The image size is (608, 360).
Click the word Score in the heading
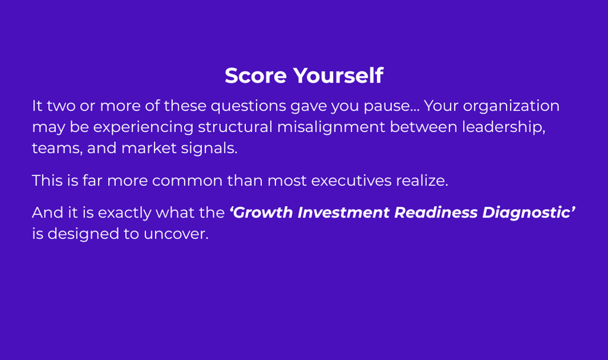coord(255,75)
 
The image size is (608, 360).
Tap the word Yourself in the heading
coord(338,75)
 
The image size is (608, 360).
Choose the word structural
coord(235,127)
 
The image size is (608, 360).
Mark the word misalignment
coord(331,128)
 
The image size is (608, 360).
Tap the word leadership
coord(503,128)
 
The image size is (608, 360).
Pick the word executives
coord(351,181)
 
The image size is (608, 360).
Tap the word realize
coord(422,181)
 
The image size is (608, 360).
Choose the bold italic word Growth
coord(263,213)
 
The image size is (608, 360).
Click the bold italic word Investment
coord(344,213)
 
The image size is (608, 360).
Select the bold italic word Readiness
coord(435,213)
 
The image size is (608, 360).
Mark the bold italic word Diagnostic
coord(526,213)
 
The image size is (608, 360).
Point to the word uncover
coord(176,234)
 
